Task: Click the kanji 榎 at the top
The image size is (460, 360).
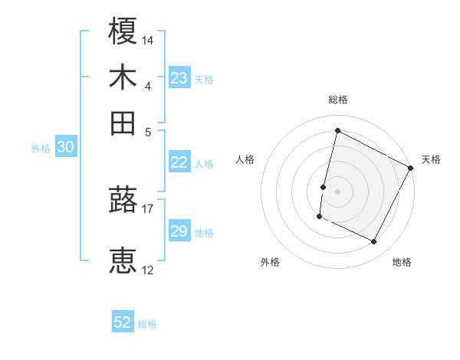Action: click(123, 31)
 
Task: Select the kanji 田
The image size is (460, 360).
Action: click(123, 123)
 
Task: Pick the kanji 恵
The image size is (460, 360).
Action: click(123, 260)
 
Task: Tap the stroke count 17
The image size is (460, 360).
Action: click(148, 208)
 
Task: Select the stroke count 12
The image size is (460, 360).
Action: click(148, 270)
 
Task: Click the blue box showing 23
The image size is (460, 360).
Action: click(179, 78)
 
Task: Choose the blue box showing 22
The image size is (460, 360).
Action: click(179, 162)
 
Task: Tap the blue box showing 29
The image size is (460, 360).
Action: click(179, 231)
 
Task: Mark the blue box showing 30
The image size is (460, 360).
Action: click(65, 148)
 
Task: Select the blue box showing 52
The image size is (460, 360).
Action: click(123, 322)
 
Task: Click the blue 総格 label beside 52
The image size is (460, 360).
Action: click(147, 324)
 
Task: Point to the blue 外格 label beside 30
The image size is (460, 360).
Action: click(41, 149)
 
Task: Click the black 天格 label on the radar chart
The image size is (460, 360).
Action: click(431, 159)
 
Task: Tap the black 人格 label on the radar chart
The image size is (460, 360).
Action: click(245, 159)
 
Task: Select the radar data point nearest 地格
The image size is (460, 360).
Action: click(373, 242)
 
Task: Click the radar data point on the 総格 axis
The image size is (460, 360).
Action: click(337, 130)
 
